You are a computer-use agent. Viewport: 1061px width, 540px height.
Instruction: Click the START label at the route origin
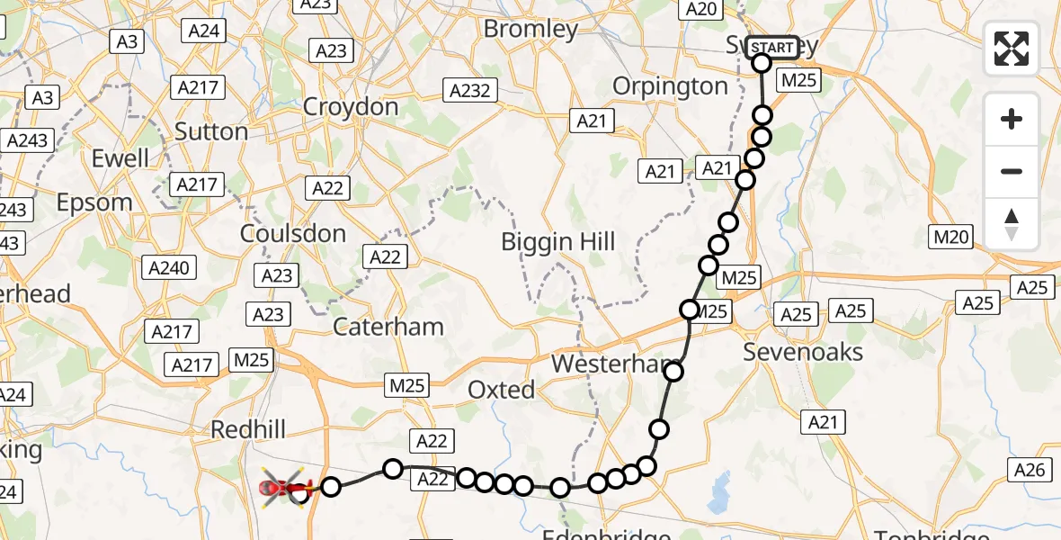pos(771,48)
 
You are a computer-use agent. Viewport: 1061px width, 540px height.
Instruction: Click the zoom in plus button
pos(1012,119)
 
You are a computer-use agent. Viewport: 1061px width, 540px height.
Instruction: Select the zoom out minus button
pos(1012,171)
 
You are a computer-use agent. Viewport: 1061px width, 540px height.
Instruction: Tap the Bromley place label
pos(530,29)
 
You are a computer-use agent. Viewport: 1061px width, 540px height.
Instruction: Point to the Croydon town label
pos(351,106)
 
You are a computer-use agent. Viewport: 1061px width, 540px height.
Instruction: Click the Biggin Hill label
pos(558,241)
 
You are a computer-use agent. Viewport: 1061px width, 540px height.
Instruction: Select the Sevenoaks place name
pos(803,352)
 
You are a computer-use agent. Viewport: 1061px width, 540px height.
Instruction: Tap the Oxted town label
pos(502,390)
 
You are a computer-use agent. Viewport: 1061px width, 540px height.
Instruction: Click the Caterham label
pos(388,326)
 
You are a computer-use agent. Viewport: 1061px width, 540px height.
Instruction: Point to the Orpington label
pos(670,86)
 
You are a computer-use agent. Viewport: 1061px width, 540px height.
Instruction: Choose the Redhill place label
pos(247,429)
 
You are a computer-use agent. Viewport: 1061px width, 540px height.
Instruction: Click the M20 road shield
pos(952,237)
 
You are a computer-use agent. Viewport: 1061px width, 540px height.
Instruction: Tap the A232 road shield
pos(469,90)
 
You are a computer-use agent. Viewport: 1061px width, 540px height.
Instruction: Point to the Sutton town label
pos(211,131)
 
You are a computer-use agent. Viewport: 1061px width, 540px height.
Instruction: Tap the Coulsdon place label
pos(293,233)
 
